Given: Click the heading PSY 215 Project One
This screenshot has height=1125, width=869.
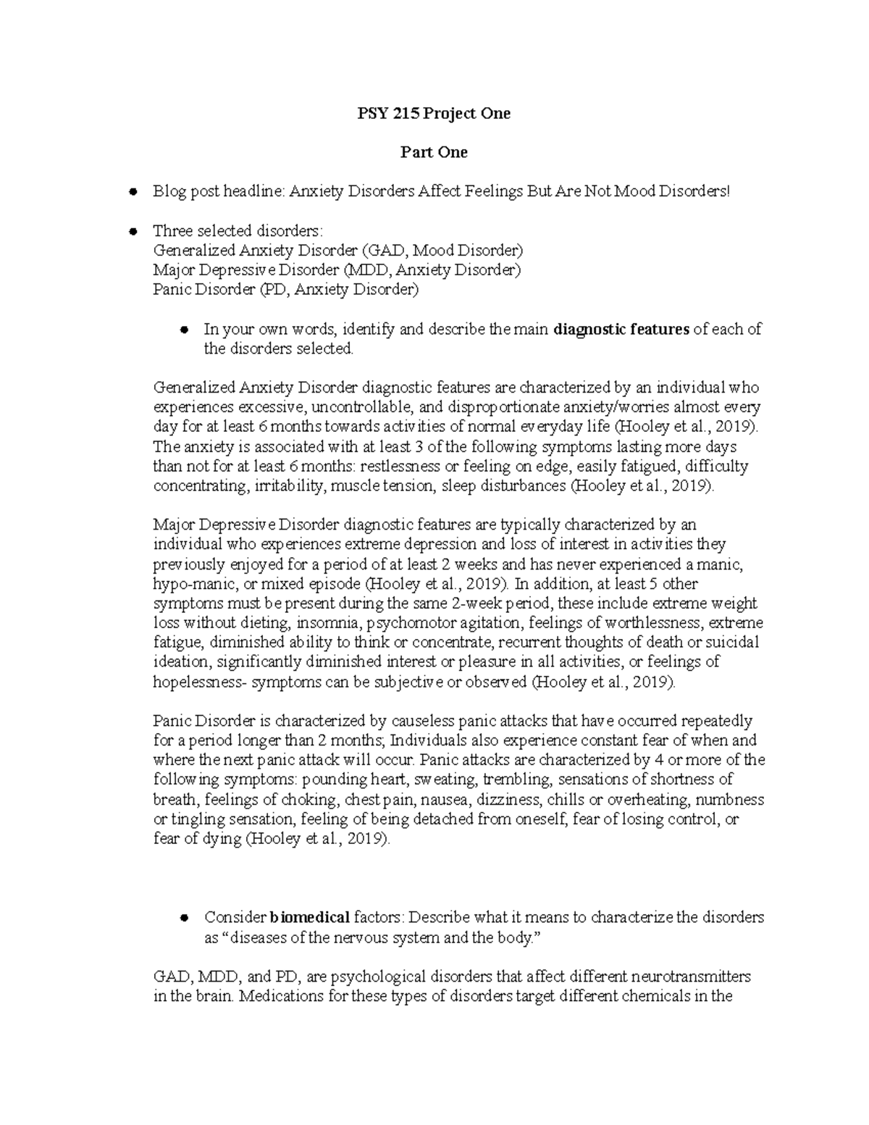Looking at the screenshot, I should pyautogui.click(x=434, y=113).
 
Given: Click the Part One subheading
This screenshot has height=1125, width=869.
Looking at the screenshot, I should pyautogui.click(x=434, y=152).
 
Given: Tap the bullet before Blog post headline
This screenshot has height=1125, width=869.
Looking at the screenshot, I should pyautogui.click(x=133, y=192).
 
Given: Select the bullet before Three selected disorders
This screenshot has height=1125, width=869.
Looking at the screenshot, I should pyautogui.click(x=133, y=232).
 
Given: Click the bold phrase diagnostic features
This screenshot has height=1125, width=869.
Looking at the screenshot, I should pyautogui.click(x=621, y=330).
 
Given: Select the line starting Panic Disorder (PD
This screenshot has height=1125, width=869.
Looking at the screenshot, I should pyautogui.click(x=286, y=290).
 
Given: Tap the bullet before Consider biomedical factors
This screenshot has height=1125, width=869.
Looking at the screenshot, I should pyautogui.click(x=185, y=918).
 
